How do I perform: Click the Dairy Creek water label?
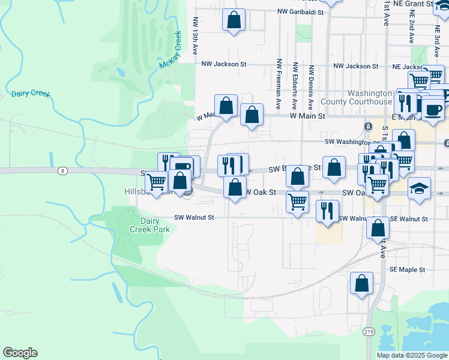point(31,94)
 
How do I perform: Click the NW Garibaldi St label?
point(300,11)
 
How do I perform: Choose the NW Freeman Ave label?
point(279,78)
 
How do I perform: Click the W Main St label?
point(307,116)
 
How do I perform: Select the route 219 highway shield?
point(368,331)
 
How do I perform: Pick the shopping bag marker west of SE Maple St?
point(361,284)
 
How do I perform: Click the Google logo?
point(20,353)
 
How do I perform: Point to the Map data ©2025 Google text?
point(412,355)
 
